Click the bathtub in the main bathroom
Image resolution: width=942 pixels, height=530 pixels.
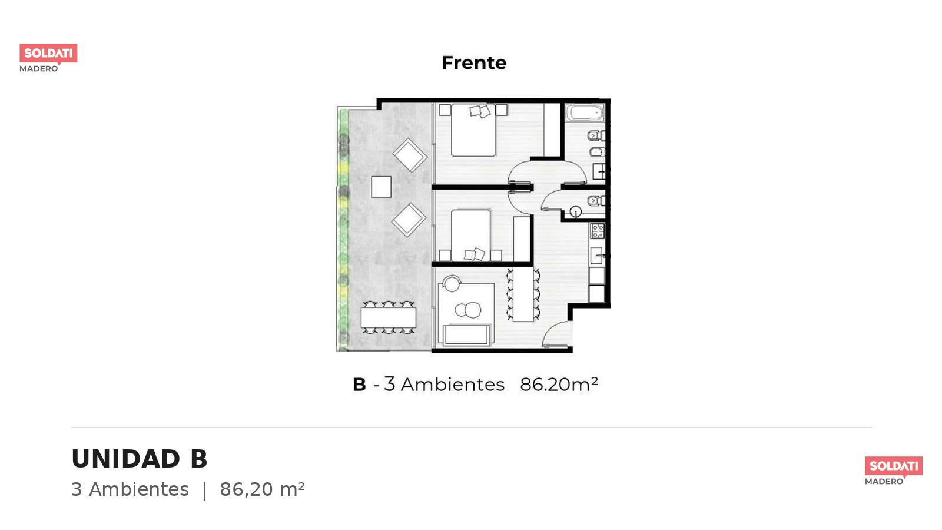[585, 112]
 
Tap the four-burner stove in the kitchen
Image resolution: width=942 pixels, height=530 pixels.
[598, 231]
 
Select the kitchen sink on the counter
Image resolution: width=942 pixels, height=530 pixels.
[596, 256]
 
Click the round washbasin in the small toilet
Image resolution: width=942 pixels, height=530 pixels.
[575, 211]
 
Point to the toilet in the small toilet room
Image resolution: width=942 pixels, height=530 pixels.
[595, 201]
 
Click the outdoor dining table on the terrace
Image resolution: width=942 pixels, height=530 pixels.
[388, 317]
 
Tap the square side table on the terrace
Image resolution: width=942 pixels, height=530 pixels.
[381, 187]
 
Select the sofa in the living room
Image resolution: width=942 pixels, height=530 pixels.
[466, 335]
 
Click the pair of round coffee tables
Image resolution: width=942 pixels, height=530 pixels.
[467, 310]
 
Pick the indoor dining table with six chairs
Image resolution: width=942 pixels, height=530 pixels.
[523, 294]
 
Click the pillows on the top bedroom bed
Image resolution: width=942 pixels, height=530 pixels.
[480, 111]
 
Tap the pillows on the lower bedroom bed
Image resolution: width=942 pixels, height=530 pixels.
[475, 254]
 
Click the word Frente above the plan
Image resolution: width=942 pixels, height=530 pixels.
[474, 63]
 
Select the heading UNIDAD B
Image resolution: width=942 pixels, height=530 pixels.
[139, 459]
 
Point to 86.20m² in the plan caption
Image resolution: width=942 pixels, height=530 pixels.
[559, 384]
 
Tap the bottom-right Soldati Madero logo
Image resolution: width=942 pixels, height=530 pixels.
[894, 471]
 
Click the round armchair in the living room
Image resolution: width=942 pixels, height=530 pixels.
[452, 283]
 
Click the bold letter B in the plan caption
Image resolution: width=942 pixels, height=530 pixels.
[359, 385]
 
